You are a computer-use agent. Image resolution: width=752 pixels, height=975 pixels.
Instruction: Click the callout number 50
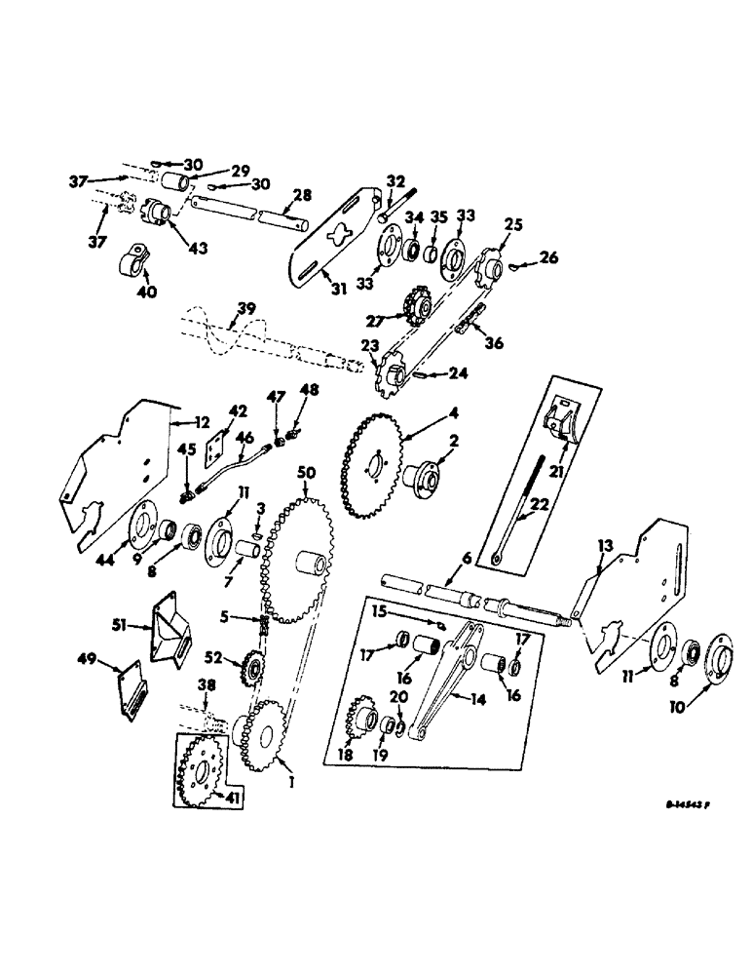coord(308,472)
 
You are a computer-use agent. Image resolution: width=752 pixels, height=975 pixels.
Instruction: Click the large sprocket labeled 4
coord(370,468)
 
